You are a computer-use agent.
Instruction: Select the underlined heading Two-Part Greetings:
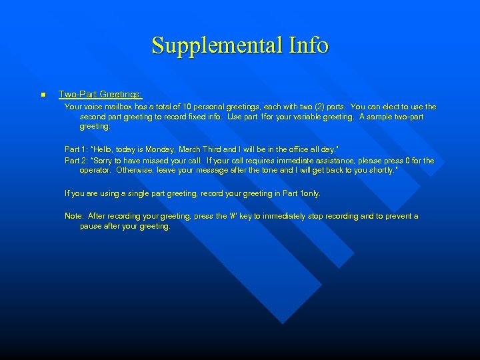(x=101, y=95)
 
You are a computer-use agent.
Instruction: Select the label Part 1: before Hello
(x=77, y=149)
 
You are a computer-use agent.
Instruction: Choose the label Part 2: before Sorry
(x=77, y=161)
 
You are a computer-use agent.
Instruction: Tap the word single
(x=138, y=193)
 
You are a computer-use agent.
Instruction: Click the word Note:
(x=74, y=216)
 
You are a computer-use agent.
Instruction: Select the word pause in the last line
(x=91, y=226)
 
